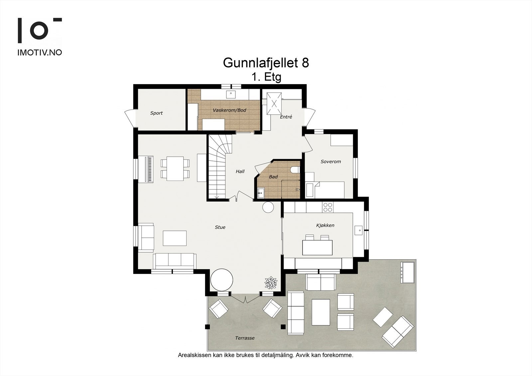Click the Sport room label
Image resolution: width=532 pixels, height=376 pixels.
[156, 113]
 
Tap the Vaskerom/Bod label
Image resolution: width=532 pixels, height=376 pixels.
[229, 110]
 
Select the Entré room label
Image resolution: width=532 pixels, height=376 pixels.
[286, 117]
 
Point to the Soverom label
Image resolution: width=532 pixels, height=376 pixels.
[331, 162]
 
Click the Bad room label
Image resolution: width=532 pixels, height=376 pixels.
[273, 177]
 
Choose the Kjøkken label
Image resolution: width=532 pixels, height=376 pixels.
[325, 225]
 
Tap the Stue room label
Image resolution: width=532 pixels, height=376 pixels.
[220, 227]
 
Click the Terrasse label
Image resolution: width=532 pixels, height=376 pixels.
[245, 338]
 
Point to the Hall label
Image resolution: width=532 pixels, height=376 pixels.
[240, 172]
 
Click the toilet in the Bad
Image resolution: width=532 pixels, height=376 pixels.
[295, 170]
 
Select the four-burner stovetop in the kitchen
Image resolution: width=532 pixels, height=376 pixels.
[328, 207]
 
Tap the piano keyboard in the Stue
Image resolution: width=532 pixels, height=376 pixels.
[150, 169]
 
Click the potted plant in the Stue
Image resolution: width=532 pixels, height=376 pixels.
[270, 283]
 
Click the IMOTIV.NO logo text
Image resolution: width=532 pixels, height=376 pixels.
[40, 53]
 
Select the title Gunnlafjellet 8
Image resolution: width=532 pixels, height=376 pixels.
[266, 63]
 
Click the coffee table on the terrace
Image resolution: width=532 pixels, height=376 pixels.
[321, 312]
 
